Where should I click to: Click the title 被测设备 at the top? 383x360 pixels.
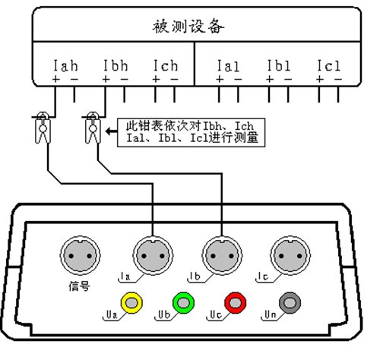[x=188, y=26]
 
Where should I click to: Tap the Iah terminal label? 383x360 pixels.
[x=65, y=65]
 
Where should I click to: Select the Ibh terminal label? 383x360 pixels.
[x=116, y=65]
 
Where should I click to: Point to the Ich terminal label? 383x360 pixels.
[x=166, y=65]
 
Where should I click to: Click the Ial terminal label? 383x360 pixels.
[x=228, y=65]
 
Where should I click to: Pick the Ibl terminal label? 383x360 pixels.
[x=279, y=65]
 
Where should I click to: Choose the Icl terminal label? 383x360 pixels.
[x=329, y=65]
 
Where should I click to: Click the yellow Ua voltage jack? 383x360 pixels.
[x=131, y=303]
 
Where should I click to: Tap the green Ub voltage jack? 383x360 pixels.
[x=184, y=303]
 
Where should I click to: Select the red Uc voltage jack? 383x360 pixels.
[x=236, y=303]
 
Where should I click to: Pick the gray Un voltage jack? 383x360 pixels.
[x=290, y=303]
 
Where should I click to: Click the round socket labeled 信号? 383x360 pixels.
[x=81, y=256]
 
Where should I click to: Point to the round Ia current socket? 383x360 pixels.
[x=153, y=256]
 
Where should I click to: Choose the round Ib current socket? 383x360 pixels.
[x=222, y=256]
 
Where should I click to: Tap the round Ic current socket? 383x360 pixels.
[x=290, y=256]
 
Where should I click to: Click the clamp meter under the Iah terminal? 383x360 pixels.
[x=43, y=128]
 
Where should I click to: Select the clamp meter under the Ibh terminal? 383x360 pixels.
[x=93, y=128]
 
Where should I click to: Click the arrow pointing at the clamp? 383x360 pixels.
[x=112, y=131]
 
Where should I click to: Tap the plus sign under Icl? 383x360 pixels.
[x=320, y=79]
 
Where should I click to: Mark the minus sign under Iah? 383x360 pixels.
[x=74, y=80]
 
